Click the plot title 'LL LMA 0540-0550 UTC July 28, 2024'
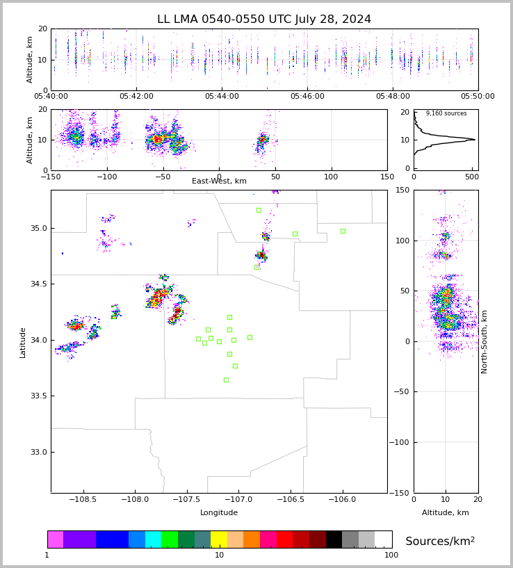click(x=264, y=19)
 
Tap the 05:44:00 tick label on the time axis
click(x=222, y=97)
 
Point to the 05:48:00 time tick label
click(x=393, y=97)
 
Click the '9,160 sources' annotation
click(x=446, y=113)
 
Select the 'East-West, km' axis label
click(x=219, y=181)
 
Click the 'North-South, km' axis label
click(x=484, y=341)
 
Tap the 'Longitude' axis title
click(x=219, y=512)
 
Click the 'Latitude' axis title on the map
click(x=22, y=343)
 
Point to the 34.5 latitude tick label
click(x=39, y=284)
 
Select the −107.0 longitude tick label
click(x=238, y=500)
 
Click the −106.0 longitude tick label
click(x=343, y=500)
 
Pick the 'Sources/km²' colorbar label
click(x=440, y=541)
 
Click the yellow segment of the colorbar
click(x=219, y=539)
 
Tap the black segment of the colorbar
click(x=334, y=539)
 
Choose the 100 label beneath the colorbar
click(x=391, y=555)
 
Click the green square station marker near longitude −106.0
click(x=343, y=231)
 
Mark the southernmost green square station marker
click(x=226, y=380)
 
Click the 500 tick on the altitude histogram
click(x=472, y=177)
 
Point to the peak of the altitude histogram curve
click(x=475, y=140)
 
